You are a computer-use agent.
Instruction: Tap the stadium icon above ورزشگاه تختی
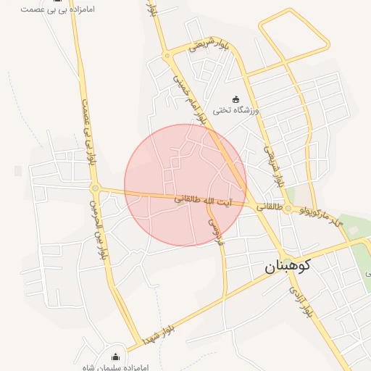[x=235, y=99]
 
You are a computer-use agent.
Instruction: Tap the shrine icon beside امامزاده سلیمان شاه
[x=116, y=356]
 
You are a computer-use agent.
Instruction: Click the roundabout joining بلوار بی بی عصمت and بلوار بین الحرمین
[x=95, y=188]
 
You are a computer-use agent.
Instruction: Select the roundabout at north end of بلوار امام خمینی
[x=167, y=55]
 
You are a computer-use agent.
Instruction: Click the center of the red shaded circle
[x=185, y=185]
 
